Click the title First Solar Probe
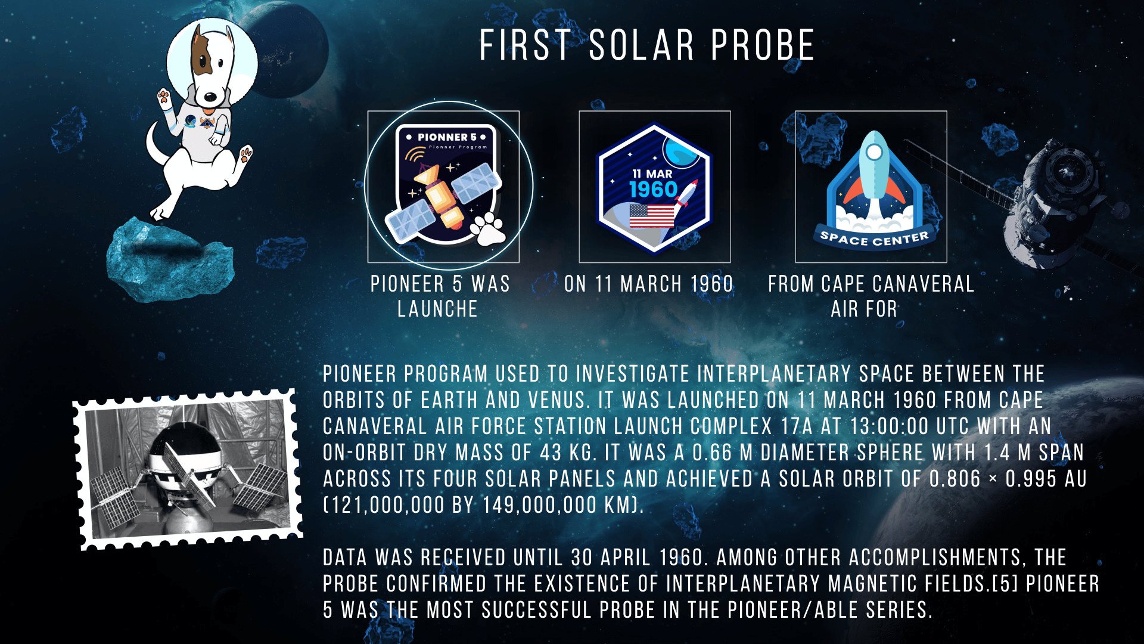coord(647,45)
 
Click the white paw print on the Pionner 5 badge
coord(489,228)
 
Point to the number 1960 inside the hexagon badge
coord(654,190)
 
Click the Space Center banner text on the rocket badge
coord(874,239)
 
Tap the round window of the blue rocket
coord(874,152)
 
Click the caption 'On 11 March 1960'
coord(648,284)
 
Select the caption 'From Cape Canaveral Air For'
coord(871,296)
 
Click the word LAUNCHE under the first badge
coord(437,309)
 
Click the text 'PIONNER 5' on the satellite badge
coord(447,137)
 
